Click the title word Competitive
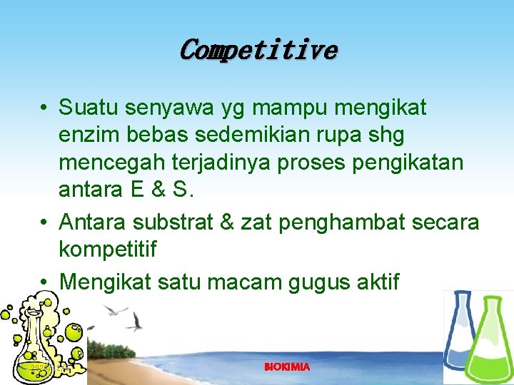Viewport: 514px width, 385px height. pyautogui.click(x=257, y=50)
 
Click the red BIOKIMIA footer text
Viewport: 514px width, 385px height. pyautogui.click(x=287, y=367)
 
